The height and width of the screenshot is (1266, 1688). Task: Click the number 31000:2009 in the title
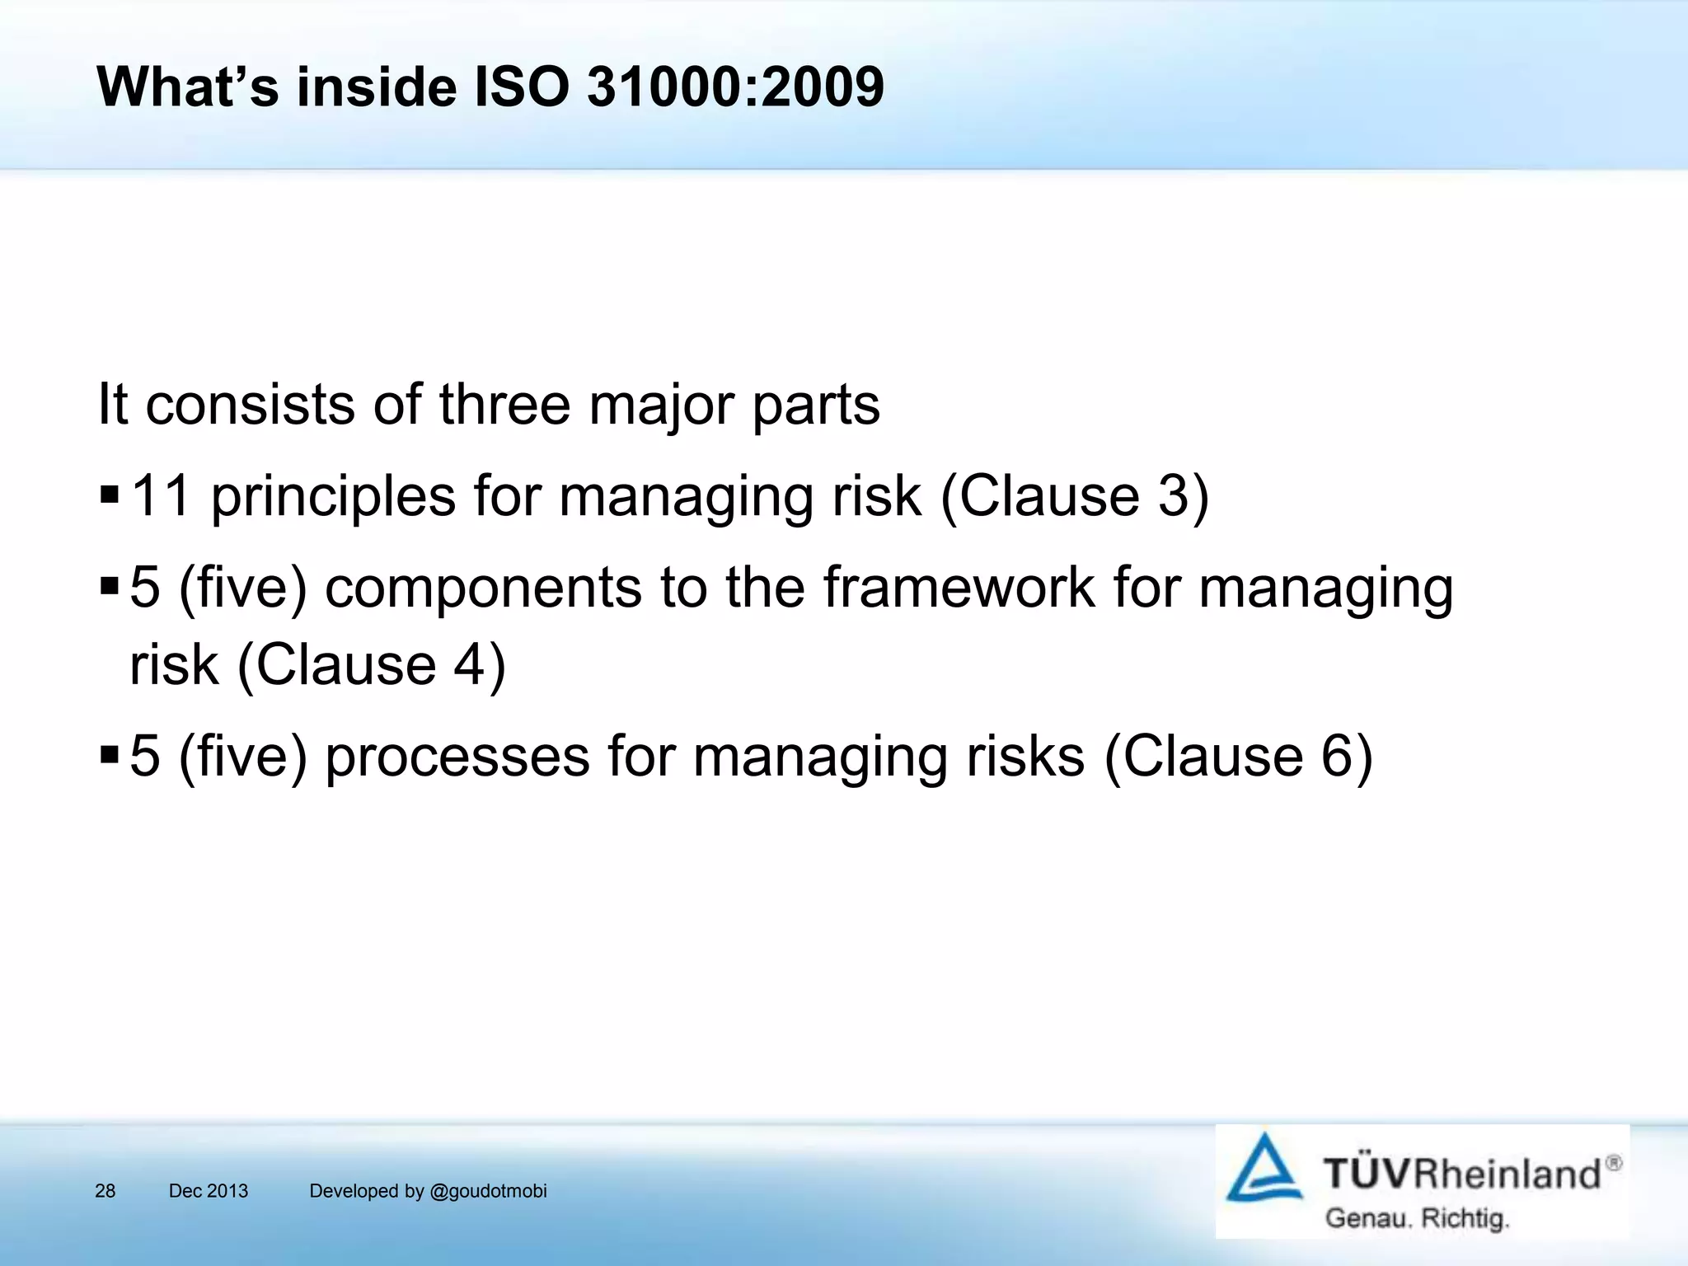[735, 87]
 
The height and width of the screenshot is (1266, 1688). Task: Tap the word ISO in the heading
[523, 87]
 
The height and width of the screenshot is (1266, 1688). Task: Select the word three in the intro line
[504, 405]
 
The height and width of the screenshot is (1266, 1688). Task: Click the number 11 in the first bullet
[161, 496]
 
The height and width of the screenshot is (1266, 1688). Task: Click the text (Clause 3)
[1074, 497]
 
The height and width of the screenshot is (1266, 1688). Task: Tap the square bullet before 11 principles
[109, 495]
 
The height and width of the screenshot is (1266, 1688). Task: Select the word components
[483, 588]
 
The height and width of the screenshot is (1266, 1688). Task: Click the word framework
[959, 588]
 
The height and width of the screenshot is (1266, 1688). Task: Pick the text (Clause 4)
[371, 665]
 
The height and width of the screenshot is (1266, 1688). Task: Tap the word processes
[457, 757]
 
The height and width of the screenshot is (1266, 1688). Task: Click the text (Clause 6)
[1238, 757]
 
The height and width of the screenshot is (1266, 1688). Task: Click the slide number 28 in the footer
[105, 1191]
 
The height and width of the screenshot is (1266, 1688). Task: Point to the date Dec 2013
[209, 1191]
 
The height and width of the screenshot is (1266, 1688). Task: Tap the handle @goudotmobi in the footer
[488, 1191]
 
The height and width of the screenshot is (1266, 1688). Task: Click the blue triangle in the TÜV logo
[1264, 1169]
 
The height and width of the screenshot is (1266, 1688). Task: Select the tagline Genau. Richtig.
[1417, 1218]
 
